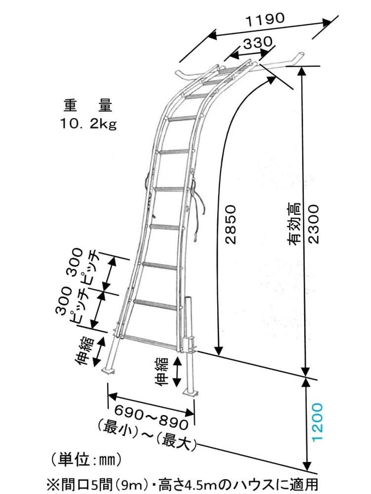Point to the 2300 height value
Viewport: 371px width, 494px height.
pos(315,224)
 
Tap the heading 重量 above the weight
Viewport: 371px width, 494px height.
pos(88,106)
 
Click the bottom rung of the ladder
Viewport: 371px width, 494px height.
pos(147,339)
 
